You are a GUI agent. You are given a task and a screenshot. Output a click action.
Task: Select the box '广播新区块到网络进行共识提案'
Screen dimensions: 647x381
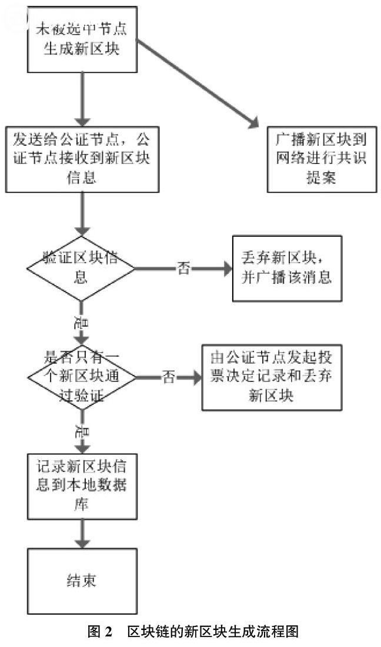click(x=321, y=159)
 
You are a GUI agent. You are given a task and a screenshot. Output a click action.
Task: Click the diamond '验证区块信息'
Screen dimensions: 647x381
click(x=81, y=269)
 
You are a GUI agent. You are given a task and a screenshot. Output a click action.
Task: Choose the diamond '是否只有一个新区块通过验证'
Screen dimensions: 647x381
click(x=81, y=377)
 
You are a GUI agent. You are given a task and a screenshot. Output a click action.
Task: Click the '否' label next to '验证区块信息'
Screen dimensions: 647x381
click(x=183, y=269)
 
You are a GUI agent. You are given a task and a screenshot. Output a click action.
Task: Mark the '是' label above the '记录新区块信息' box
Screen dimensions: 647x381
click(x=81, y=432)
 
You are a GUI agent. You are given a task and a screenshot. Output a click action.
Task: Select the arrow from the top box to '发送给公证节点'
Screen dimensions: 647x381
click(x=82, y=100)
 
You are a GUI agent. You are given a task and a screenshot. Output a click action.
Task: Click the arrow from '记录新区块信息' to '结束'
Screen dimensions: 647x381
click(x=82, y=532)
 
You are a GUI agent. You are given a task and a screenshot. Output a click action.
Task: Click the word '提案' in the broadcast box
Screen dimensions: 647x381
click(x=321, y=178)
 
